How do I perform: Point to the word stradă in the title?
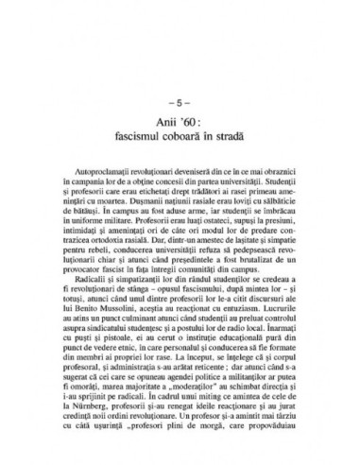(x=230, y=140)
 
